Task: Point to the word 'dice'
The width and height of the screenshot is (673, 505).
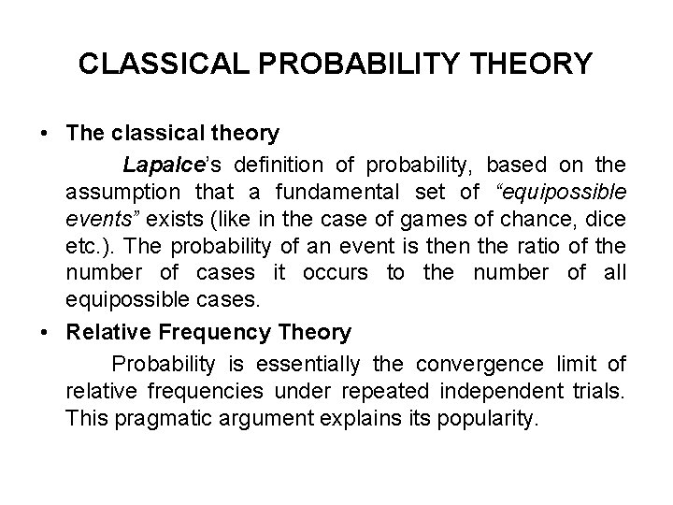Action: click(x=609, y=226)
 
